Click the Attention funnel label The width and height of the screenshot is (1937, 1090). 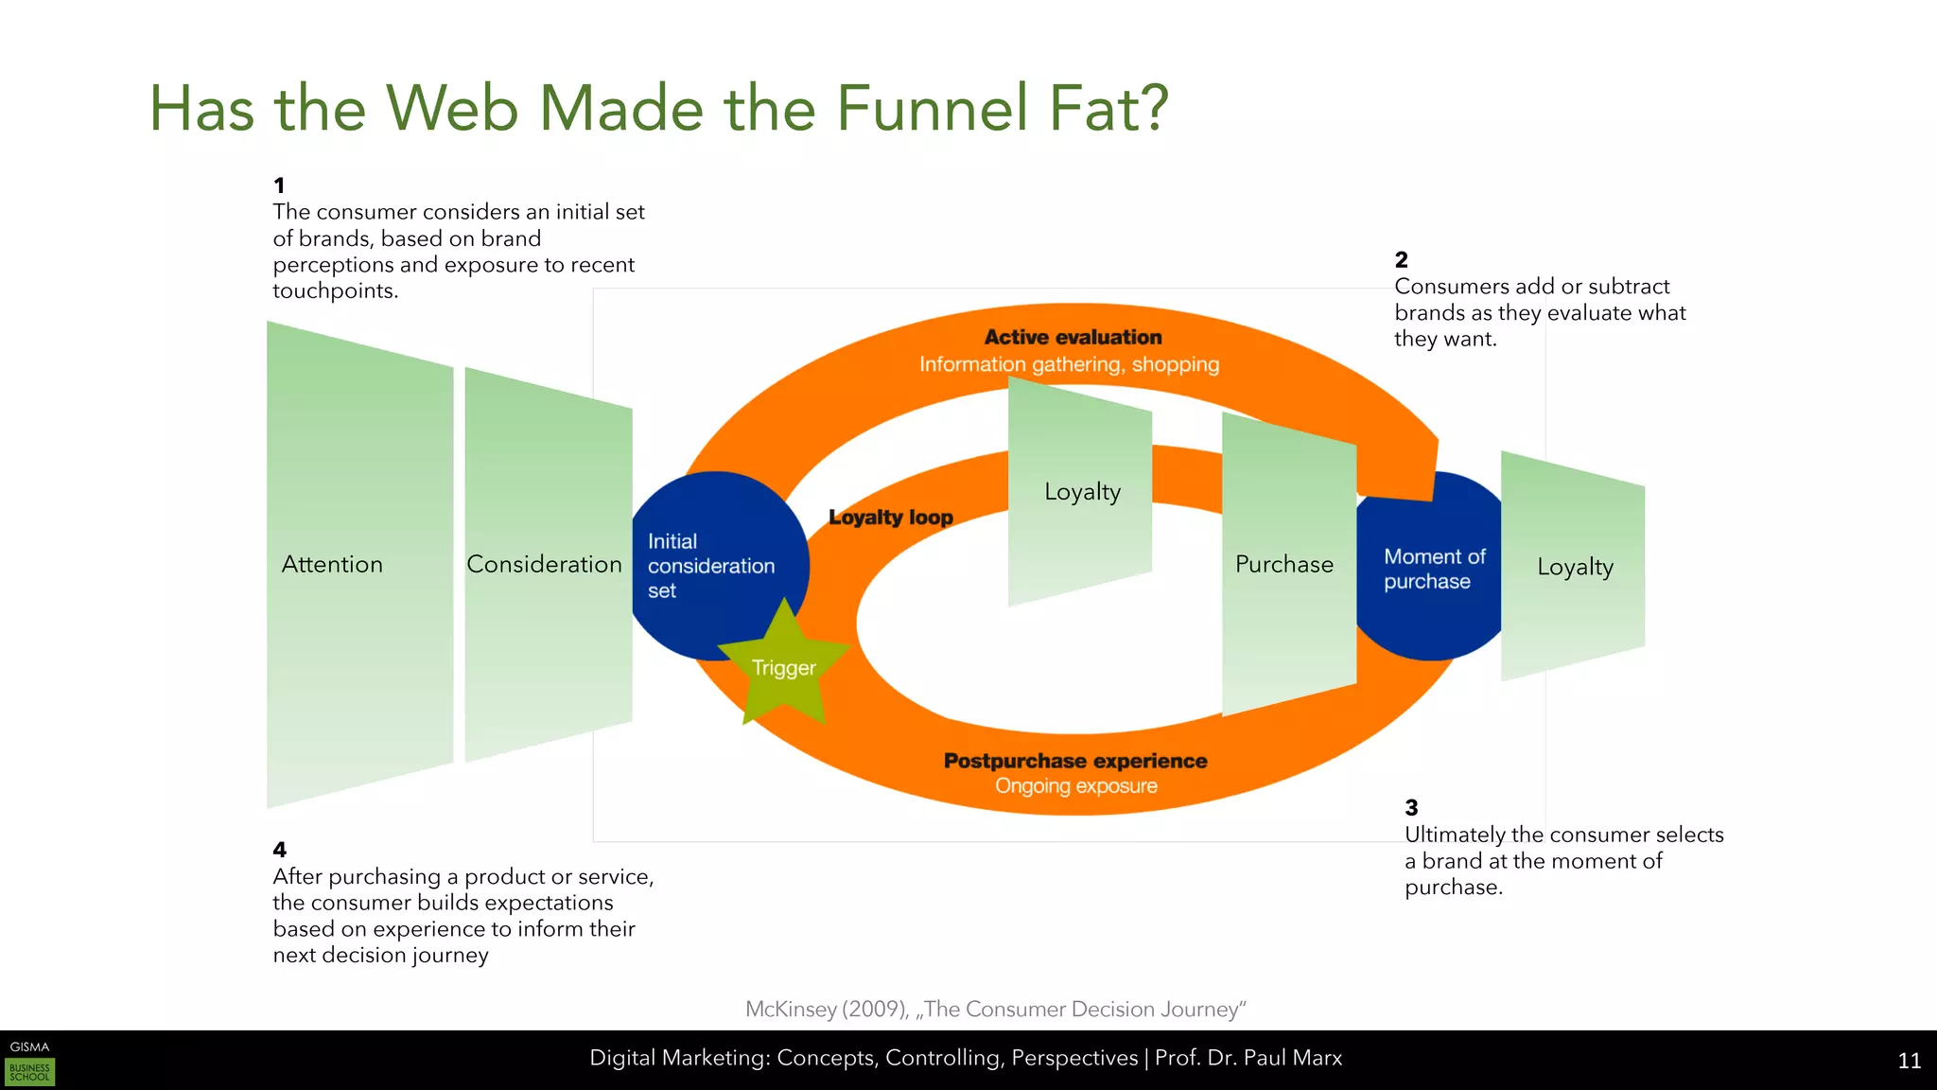332,564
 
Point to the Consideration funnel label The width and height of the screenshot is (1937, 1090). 544,564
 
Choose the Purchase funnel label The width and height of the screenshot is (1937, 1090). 1283,564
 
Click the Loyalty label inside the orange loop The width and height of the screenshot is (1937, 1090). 1082,492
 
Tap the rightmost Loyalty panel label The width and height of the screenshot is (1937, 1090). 1575,567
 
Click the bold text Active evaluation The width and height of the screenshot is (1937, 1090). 1073,337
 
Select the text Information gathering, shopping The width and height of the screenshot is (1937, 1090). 1069,364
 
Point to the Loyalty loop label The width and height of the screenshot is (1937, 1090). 891,518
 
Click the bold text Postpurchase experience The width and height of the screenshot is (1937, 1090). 1075,761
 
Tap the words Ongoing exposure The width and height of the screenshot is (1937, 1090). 1075,786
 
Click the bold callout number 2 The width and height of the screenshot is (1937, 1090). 1401,259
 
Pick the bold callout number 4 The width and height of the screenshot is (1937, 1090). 279,850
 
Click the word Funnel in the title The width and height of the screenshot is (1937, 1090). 932,108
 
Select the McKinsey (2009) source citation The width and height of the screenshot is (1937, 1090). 995,1009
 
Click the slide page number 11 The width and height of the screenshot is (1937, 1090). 1909,1061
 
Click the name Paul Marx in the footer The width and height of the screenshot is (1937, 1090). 1293,1058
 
